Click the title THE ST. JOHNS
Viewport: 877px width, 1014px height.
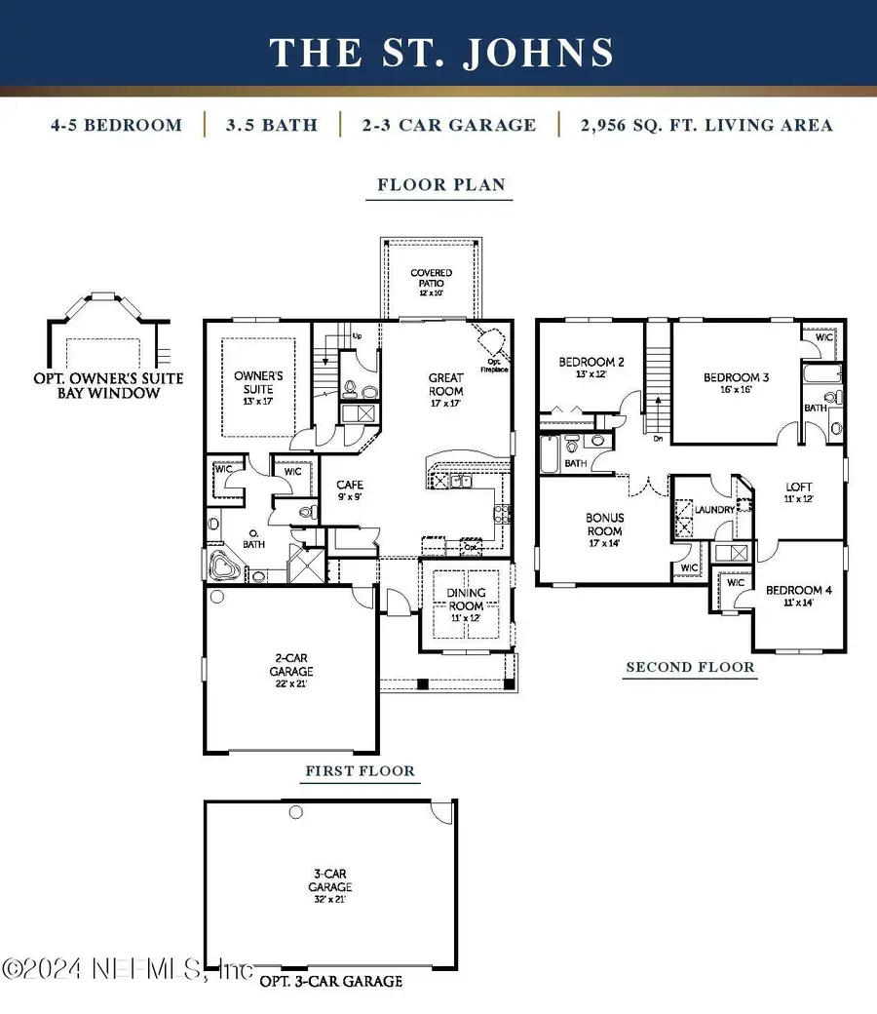coord(441,52)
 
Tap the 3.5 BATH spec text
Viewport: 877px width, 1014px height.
coord(272,125)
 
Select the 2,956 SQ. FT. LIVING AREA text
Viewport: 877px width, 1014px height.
coord(707,125)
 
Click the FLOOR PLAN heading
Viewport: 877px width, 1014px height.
coord(441,183)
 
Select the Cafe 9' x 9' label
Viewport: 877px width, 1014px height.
coord(350,489)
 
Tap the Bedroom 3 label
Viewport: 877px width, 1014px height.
coord(737,381)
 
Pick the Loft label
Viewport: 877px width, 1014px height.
coord(799,491)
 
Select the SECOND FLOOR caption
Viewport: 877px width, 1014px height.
coord(690,667)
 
